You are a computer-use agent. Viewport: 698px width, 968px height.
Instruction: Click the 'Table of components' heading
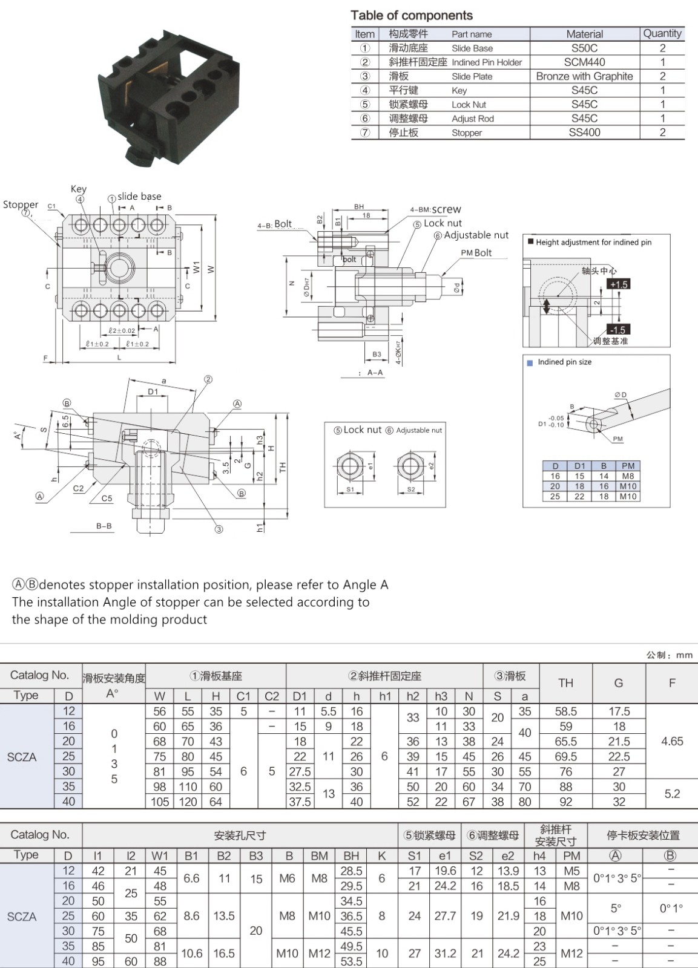[x=412, y=16]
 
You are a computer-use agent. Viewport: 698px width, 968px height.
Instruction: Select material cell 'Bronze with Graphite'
[x=584, y=76]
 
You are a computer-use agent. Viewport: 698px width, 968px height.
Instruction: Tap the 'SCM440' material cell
[x=584, y=62]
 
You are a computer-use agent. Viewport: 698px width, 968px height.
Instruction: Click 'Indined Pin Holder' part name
[x=486, y=62]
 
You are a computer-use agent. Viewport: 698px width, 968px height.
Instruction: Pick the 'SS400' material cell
[x=584, y=132]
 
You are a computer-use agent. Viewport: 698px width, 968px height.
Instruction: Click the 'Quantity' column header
[x=662, y=33]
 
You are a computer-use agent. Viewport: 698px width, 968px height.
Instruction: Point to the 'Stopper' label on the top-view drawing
[x=21, y=204]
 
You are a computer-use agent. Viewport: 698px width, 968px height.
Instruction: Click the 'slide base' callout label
[x=139, y=197]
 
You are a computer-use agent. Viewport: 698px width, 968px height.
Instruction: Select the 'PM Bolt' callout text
[x=476, y=253]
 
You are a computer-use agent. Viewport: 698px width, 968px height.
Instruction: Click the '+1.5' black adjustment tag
[x=619, y=284]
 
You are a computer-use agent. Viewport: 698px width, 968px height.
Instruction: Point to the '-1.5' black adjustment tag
[x=618, y=330]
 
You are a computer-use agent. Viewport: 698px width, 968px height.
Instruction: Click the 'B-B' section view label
[x=104, y=526]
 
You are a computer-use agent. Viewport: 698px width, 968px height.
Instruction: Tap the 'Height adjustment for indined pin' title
[x=593, y=242]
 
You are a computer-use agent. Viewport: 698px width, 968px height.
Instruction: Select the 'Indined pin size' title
[x=564, y=362]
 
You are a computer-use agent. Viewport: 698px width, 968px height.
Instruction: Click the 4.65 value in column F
[x=672, y=741]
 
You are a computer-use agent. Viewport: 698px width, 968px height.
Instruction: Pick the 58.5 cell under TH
[x=565, y=711]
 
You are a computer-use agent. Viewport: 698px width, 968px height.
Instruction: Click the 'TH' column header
[x=565, y=683]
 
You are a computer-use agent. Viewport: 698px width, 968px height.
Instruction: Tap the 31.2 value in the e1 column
[x=445, y=953]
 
